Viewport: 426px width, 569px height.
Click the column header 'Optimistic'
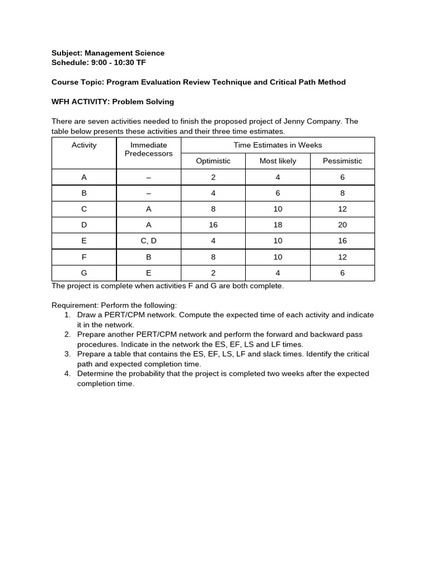click(x=213, y=161)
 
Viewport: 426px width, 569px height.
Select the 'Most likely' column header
click(x=278, y=161)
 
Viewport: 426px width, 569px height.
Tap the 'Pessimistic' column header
click(x=342, y=161)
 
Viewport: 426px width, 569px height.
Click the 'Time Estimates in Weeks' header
click(x=278, y=145)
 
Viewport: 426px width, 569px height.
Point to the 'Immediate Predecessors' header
click(x=149, y=149)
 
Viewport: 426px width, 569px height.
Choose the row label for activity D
click(x=84, y=225)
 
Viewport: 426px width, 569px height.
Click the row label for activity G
click(x=84, y=273)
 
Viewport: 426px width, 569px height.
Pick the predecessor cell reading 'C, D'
click(x=149, y=241)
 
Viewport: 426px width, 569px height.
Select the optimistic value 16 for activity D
click(x=213, y=225)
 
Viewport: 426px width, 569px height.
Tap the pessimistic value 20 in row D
click(x=342, y=225)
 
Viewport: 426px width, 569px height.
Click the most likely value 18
click(x=278, y=225)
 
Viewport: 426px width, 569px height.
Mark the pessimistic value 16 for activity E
click(x=342, y=241)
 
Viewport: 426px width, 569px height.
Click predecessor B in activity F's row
click(x=149, y=257)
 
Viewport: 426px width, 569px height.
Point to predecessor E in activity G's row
click(x=149, y=273)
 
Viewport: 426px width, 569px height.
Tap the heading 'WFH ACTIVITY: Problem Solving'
click(x=113, y=102)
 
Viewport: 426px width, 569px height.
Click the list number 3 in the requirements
click(x=67, y=354)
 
